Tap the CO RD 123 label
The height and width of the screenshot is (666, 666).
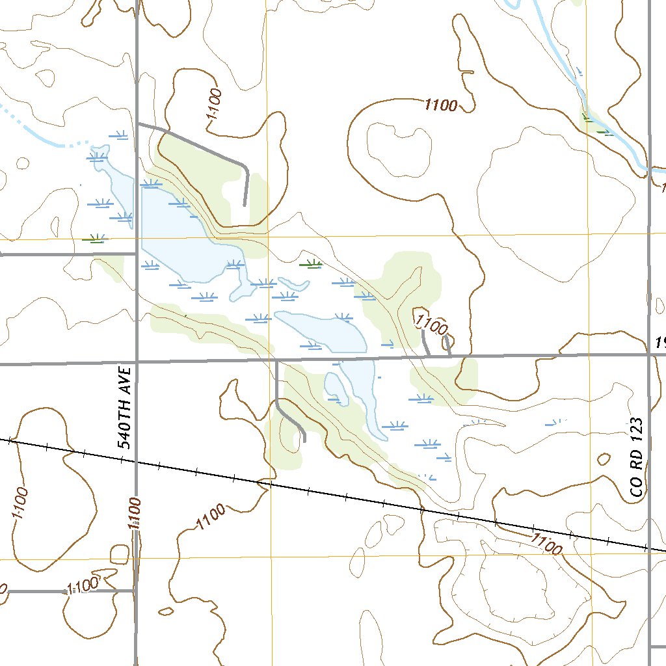coord(637,458)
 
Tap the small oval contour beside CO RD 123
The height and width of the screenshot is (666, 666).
coord(603,459)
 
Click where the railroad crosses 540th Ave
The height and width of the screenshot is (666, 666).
coord(136,462)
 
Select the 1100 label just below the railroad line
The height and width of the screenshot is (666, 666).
coord(546,543)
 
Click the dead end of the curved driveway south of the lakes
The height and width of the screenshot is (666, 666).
coord(304,441)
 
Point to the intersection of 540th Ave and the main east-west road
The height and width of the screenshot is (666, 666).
coord(137,362)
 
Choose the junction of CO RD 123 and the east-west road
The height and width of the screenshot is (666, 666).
coord(649,354)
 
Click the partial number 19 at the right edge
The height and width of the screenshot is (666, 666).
coord(659,343)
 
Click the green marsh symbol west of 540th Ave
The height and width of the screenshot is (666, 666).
coord(95,239)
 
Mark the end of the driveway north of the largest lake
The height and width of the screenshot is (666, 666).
coord(245,204)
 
